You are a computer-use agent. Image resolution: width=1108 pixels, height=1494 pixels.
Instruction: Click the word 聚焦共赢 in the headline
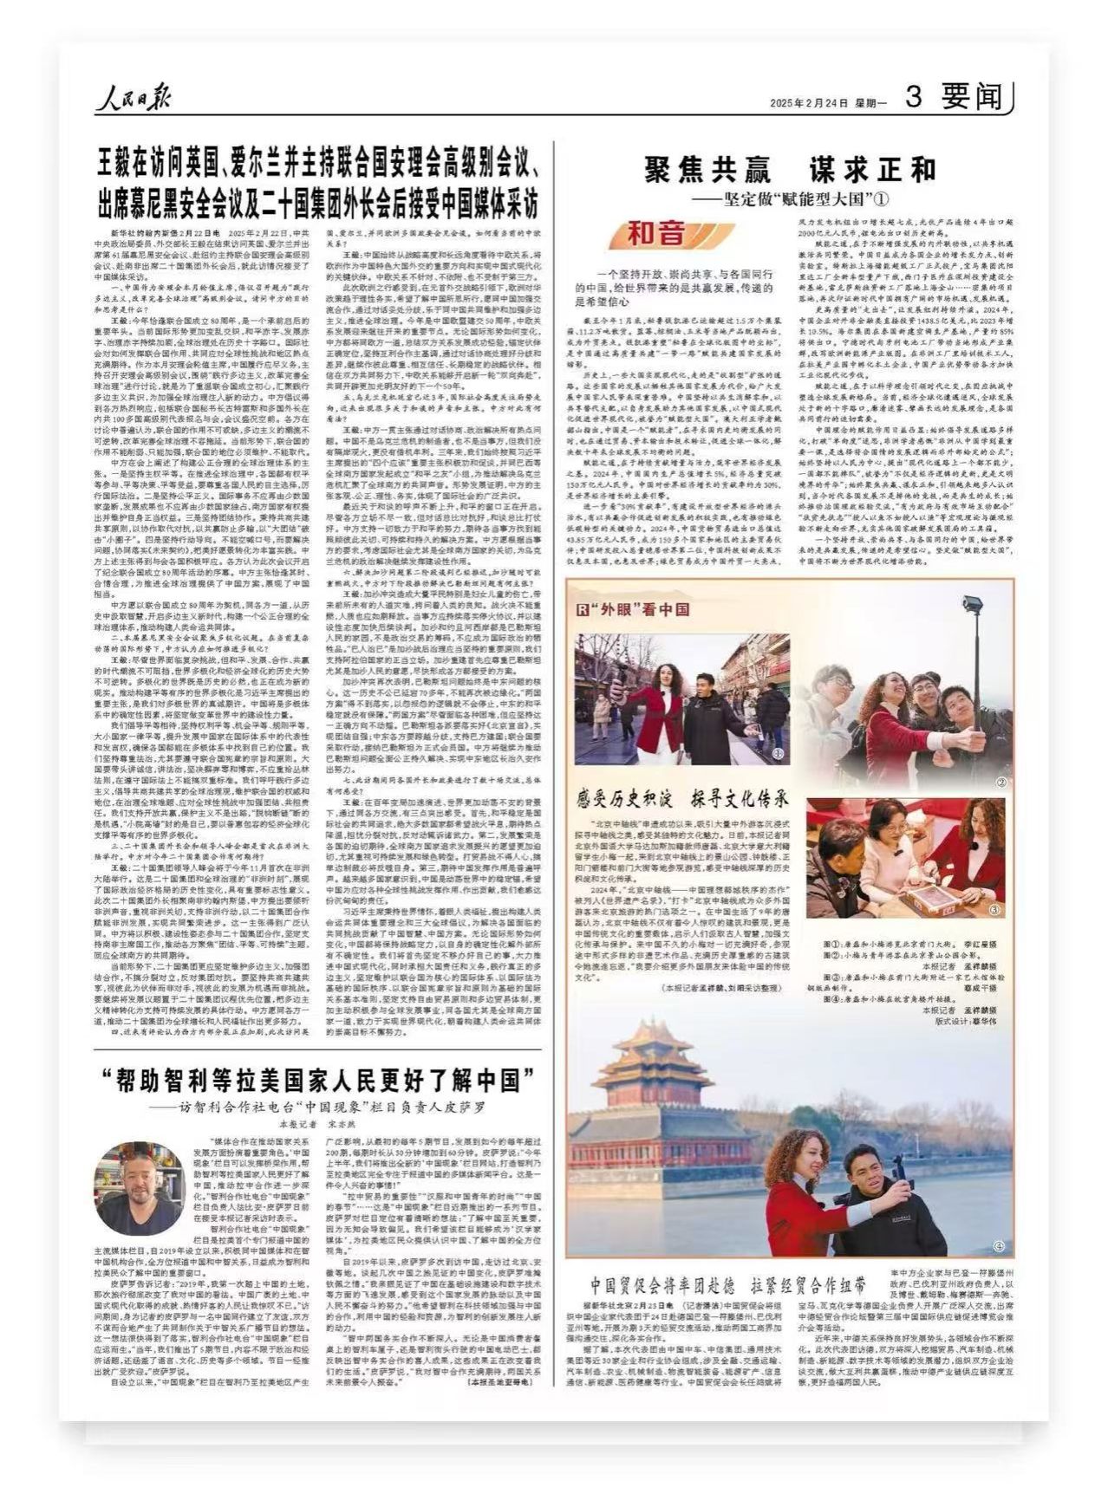703,168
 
